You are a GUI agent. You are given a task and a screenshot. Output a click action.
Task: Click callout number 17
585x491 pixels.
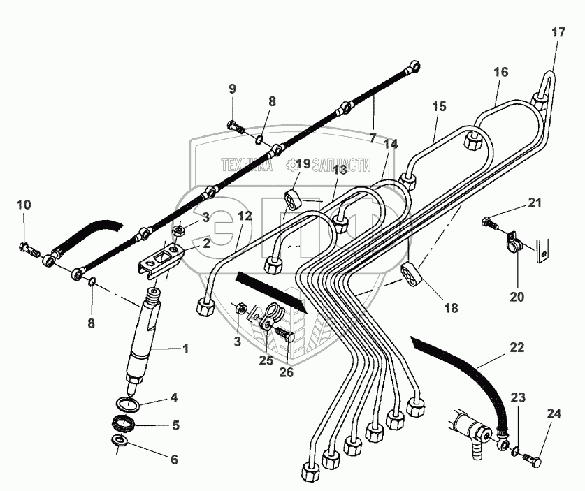pos(557,31)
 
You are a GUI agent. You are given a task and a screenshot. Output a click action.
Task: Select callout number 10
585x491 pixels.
pos(24,205)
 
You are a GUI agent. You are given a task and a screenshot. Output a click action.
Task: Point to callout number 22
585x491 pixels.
pos(517,347)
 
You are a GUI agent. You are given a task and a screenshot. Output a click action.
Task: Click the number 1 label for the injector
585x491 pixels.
pos(186,349)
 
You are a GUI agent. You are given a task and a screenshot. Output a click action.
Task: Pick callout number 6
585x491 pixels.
pos(174,460)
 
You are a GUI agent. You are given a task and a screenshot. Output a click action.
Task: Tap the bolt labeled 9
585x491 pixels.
pos(235,127)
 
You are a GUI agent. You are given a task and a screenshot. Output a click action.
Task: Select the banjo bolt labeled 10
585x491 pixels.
pos(27,247)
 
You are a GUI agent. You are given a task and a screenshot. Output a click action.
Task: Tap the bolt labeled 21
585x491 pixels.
pos(489,225)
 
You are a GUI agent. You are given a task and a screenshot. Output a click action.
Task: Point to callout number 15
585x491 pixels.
pos(438,107)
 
